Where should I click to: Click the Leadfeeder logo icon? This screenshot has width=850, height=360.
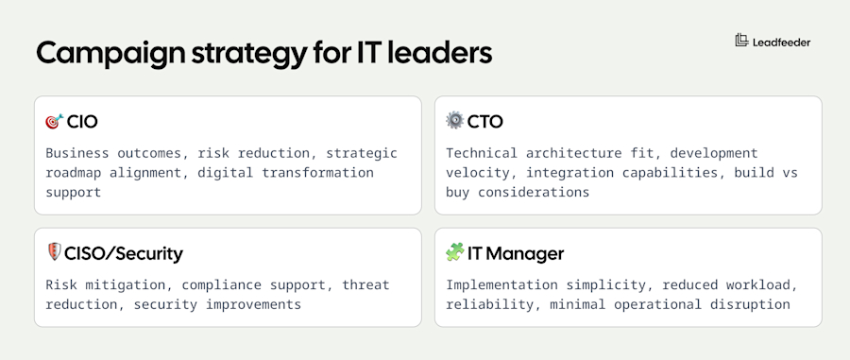(x=741, y=41)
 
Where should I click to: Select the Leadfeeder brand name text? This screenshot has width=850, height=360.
(x=781, y=42)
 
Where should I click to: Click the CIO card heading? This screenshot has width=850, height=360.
(x=82, y=122)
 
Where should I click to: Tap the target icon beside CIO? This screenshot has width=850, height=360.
(x=54, y=122)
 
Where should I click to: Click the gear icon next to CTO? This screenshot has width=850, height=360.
(x=455, y=121)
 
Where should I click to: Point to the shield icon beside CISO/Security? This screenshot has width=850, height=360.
(x=54, y=252)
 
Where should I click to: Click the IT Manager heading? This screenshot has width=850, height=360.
(x=517, y=253)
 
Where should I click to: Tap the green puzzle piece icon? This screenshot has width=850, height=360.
(x=455, y=252)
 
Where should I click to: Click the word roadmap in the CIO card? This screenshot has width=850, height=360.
(x=76, y=173)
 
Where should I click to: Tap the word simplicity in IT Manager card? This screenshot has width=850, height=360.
(x=616, y=284)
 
